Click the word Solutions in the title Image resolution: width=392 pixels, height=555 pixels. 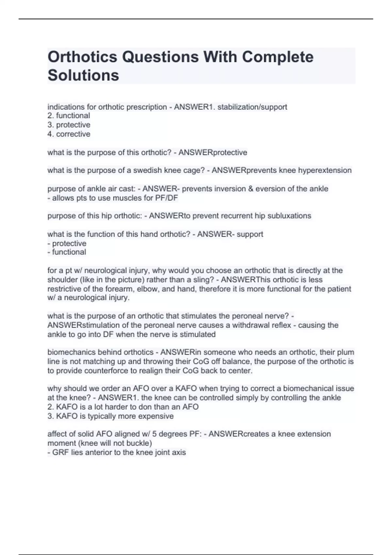point(83,75)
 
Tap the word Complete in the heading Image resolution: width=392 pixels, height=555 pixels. point(278,57)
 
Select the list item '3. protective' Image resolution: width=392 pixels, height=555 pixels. point(69,125)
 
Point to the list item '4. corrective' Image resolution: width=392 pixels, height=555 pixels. point(69,134)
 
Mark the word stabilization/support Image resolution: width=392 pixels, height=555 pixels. point(252,107)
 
